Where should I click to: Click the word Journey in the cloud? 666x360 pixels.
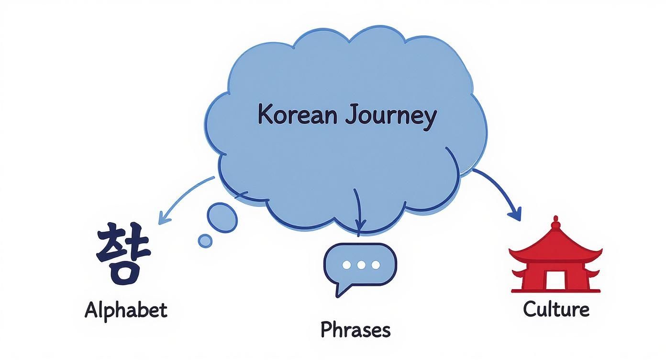coord(390,116)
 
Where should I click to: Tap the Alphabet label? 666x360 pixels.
coord(126,310)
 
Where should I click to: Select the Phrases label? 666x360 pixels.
coord(355,330)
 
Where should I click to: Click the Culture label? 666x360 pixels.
coord(556,309)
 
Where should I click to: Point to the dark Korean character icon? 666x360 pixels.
coord(123,253)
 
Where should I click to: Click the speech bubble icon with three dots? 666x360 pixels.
coord(360,266)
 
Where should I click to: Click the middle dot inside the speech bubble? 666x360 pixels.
coord(361,265)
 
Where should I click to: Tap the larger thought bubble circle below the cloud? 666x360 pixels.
coord(223,218)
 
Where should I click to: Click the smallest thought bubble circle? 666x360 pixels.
coord(205,241)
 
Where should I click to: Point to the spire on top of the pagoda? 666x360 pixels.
coord(555,223)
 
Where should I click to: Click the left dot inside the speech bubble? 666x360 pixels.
coord(347,265)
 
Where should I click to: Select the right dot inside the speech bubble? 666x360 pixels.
coord(376,265)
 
